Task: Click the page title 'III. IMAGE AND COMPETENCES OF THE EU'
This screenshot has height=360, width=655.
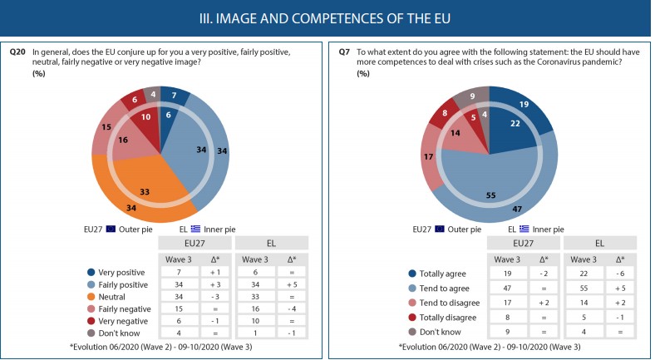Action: tap(327, 17)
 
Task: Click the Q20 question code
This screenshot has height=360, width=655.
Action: tap(17, 52)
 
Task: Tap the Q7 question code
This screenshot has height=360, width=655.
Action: tap(344, 52)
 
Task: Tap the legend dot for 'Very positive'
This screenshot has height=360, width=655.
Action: tap(89, 273)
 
